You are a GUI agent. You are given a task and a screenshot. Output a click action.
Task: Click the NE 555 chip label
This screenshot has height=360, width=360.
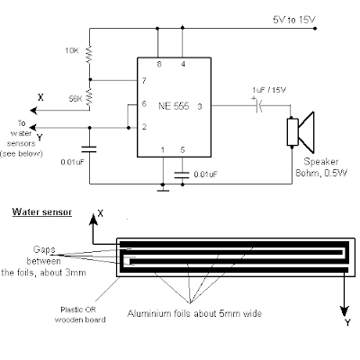click(174, 106)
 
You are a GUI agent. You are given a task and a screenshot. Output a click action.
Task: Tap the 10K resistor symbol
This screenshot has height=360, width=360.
click(89, 54)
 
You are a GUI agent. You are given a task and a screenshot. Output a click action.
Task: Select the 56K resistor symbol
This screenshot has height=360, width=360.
click(89, 98)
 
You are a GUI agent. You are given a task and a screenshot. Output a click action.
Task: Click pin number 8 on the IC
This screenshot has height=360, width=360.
click(159, 64)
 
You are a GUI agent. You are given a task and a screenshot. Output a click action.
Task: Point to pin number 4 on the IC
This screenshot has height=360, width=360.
click(183, 64)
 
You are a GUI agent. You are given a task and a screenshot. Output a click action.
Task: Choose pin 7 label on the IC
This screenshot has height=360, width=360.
click(144, 80)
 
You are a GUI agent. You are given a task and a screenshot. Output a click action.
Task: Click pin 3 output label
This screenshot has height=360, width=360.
click(200, 106)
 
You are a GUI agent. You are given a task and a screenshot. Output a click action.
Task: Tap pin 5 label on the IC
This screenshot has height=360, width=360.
click(183, 149)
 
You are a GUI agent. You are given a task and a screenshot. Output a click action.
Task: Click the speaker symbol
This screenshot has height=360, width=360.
click(301, 132)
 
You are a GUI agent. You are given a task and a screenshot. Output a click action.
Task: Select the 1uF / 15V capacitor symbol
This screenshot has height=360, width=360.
click(258, 105)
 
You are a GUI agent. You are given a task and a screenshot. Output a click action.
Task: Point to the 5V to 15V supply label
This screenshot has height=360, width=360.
click(294, 20)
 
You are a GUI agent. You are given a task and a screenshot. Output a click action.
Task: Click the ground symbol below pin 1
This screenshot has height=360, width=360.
click(163, 190)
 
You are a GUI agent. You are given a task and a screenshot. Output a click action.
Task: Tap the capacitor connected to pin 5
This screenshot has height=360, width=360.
click(183, 175)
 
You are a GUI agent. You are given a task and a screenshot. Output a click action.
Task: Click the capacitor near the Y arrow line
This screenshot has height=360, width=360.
click(89, 149)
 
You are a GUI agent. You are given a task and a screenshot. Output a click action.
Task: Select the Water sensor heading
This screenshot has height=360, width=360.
click(42, 211)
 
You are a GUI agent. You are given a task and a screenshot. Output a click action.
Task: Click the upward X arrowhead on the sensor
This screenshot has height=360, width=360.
click(94, 220)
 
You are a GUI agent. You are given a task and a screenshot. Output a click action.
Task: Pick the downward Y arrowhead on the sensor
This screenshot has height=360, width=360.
click(345, 311)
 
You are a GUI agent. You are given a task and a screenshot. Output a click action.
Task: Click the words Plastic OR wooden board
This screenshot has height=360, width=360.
click(80, 315)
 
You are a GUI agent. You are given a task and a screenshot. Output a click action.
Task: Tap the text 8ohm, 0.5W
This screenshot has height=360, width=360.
click(321, 173)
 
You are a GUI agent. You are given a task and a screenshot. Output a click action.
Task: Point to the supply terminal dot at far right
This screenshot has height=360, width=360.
click(315, 29)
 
